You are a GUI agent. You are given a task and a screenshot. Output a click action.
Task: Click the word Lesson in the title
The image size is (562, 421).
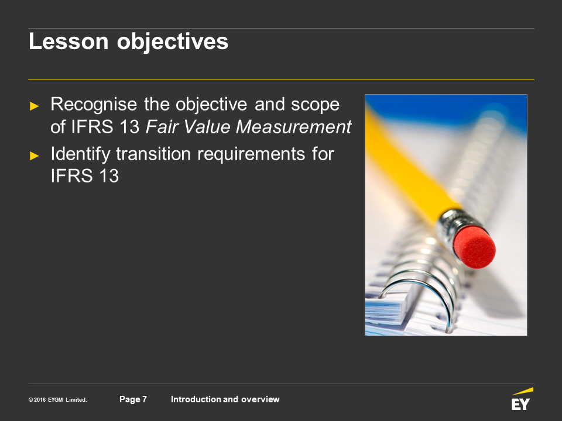click(x=68, y=41)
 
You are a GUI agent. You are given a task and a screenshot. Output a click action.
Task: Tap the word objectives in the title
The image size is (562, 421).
click(x=172, y=42)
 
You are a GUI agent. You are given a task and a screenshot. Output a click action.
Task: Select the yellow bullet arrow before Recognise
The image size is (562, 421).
click(x=35, y=106)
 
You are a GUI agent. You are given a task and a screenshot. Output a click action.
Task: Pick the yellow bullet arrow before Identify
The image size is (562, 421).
click(x=35, y=156)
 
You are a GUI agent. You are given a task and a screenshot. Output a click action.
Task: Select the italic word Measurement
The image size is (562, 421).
click(x=293, y=126)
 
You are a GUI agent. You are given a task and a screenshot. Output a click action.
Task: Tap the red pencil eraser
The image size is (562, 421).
click(x=474, y=247)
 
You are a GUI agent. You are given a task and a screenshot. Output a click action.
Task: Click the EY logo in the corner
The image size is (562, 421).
click(x=522, y=399)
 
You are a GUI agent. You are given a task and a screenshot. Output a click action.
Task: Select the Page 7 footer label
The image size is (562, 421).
click(x=133, y=399)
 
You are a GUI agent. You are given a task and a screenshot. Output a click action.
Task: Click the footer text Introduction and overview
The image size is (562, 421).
click(x=225, y=399)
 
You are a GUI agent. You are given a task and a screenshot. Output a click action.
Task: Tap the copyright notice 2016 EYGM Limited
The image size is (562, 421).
click(x=58, y=400)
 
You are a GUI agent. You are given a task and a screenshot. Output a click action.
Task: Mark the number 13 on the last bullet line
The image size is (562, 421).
click(x=109, y=176)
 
